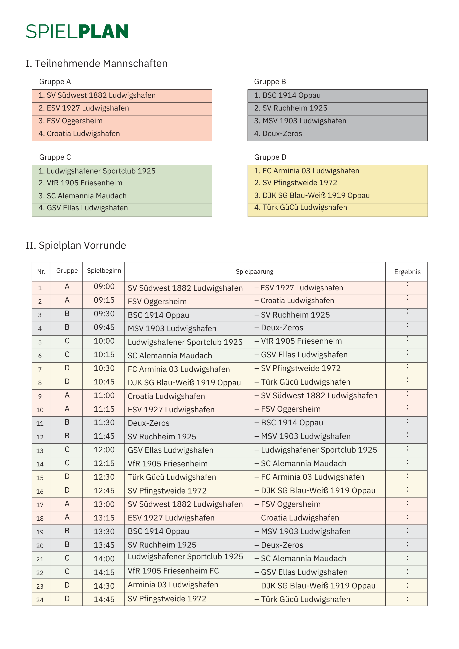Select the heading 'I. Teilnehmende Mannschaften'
(97, 63)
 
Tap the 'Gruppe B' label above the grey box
(270, 82)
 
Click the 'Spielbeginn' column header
(104, 271)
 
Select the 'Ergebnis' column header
(407, 272)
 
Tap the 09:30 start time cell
(104, 314)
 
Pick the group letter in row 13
(67, 450)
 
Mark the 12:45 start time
(104, 490)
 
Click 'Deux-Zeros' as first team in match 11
(148, 423)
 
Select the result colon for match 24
(407, 599)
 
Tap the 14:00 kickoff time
(104, 559)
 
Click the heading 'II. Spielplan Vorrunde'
(76, 245)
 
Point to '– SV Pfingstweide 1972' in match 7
(298, 368)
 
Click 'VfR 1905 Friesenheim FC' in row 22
(173, 571)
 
